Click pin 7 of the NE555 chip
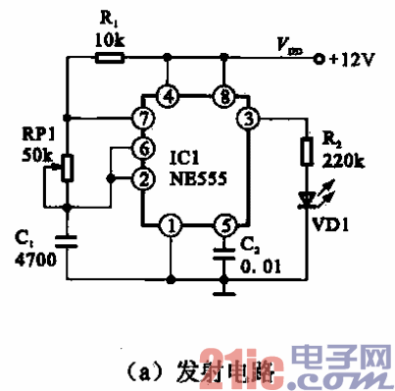point(142,119)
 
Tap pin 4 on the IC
point(171,96)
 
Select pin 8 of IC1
point(224,96)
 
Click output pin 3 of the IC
point(250,119)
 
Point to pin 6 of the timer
point(142,148)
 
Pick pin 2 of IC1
point(142,177)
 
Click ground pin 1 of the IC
point(172,226)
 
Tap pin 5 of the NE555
point(224,226)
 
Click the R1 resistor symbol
point(109,59)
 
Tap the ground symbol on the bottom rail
point(224,289)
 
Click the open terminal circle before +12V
point(319,60)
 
